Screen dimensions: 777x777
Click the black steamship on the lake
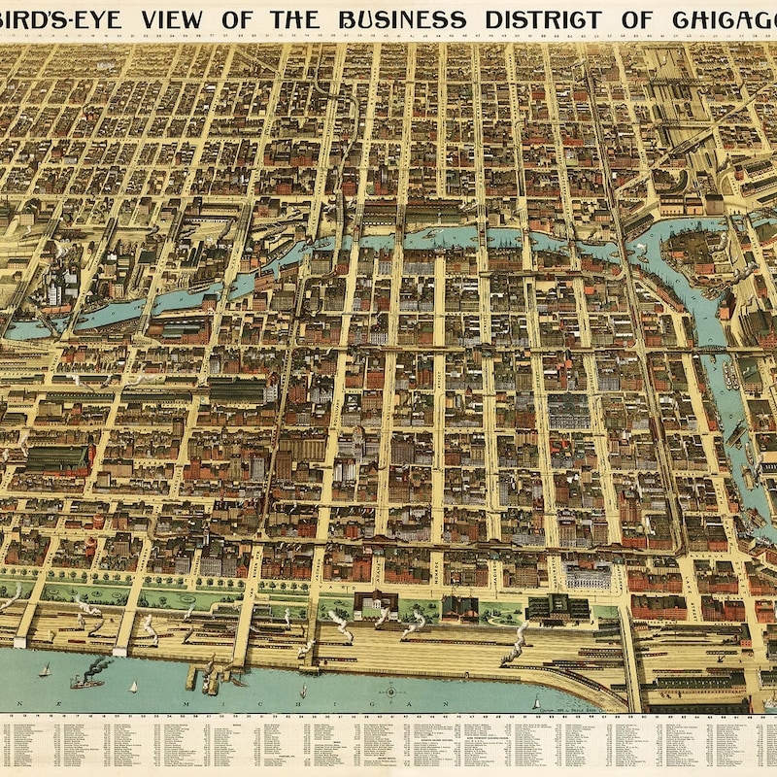[86, 682]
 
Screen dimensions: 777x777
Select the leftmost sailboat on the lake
[44, 670]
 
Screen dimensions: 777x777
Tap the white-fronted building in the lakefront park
[371, 604]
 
